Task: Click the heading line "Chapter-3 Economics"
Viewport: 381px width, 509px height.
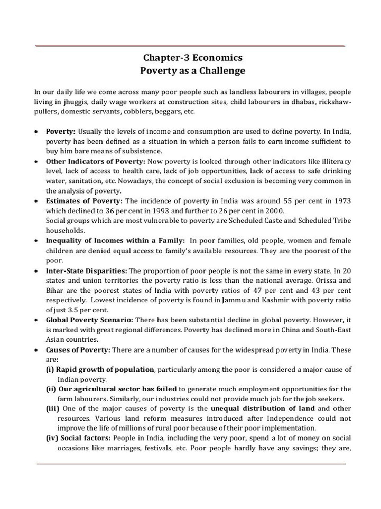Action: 190,58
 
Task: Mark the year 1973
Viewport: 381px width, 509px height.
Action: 342,201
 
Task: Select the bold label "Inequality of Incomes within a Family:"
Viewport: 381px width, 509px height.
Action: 116,241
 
